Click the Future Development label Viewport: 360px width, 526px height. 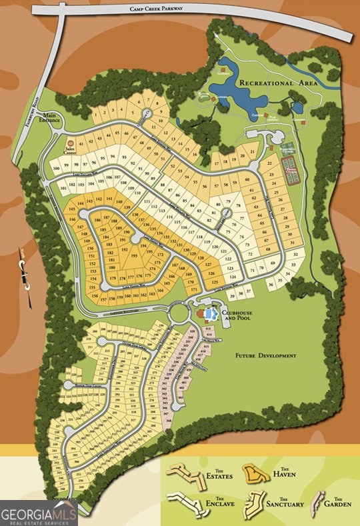(x=265, y=356)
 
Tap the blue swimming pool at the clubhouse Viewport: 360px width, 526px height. (x=211, y=313)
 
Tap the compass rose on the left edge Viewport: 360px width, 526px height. (x=25, y=272)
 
